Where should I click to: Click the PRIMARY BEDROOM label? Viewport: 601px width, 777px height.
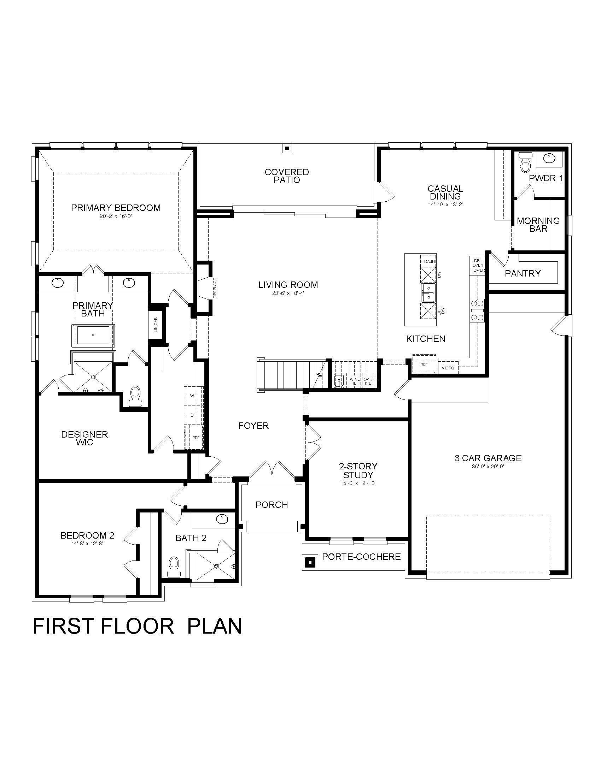(116, 208)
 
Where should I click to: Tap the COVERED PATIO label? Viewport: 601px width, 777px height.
(287, 176)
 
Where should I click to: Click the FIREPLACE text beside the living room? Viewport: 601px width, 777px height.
(215, 288)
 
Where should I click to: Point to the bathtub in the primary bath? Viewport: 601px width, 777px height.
(93, 335)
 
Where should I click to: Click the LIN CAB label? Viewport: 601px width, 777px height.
(156, 325)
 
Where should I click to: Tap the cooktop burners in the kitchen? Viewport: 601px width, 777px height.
(477, 310)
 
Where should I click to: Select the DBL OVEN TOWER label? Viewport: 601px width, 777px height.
(477, 265)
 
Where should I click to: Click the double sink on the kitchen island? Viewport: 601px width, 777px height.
(428, 292)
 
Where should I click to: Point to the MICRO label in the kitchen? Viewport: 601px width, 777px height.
(448, 368)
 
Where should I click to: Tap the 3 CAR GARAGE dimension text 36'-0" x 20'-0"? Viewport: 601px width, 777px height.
(488, 467)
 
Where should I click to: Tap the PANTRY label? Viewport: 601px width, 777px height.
(523, 273)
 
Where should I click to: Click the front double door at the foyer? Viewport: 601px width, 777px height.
(272, 470)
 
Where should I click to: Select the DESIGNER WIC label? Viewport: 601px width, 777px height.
(84, 438)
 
